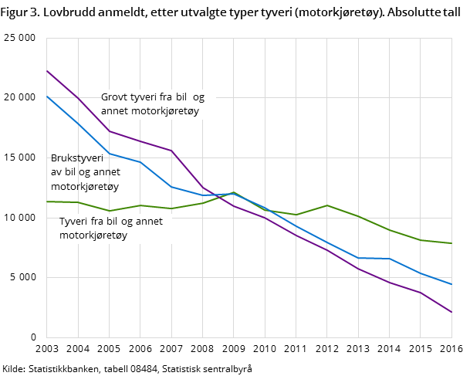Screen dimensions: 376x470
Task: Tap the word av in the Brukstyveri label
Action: click(x=57, y=172)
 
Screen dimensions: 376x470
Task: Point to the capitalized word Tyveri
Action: click(x=74, y=222)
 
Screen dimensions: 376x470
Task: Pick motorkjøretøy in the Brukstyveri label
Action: click(x=85, y=186)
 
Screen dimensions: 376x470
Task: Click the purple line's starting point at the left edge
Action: click(x=47, y=70)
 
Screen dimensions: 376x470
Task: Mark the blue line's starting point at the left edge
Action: click(x=47, y=96)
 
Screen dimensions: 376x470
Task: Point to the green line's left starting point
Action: click(x=47, y=202)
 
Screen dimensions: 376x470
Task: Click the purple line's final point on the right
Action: click(x=451, y=312)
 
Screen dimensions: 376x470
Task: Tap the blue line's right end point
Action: click(x=451, y=284)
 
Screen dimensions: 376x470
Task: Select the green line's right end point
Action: click(x=451, y=243)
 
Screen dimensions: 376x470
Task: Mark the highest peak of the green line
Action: click(x=234, y=192)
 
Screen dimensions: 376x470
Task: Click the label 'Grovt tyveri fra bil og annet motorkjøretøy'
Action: click(x=153, y=104)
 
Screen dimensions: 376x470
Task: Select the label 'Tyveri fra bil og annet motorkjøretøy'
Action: click(x=111, y=229)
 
